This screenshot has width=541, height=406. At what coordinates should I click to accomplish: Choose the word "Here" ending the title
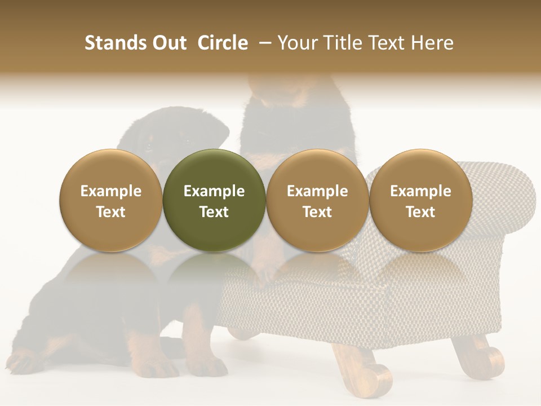(x=432, y=43)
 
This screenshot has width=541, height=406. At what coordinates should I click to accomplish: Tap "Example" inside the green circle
(x=214, y=191)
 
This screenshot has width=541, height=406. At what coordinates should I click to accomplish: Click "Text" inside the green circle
(x=214, y=212)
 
